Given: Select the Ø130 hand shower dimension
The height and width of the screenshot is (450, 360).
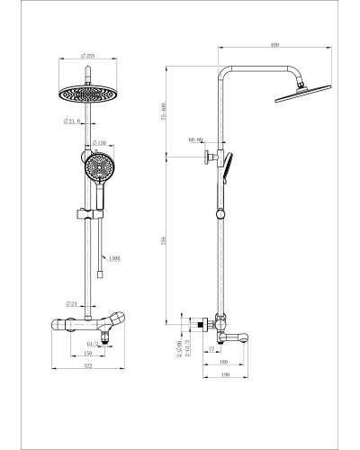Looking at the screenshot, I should coord(102,143).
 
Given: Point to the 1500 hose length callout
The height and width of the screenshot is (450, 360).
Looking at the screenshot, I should coord(114,259).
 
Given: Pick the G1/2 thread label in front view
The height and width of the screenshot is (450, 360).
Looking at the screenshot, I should coord(92,343).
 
